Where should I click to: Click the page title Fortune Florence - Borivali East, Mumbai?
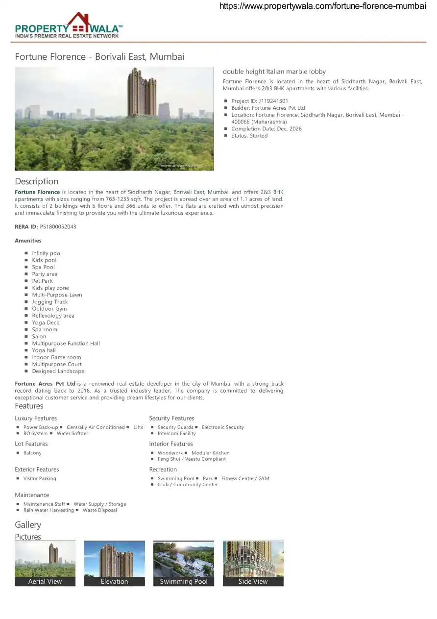(99, 57)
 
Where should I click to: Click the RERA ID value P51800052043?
(58, 227)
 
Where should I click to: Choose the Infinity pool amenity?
(47, 253)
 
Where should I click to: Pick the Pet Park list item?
(43, 281)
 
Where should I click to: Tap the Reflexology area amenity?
(53, 316)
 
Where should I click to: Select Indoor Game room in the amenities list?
(57, 358)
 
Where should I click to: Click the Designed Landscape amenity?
(58, 371)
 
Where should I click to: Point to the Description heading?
(37, 181)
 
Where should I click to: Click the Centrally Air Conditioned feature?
(96, 427)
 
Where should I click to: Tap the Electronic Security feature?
(223, 427)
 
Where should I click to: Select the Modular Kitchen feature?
(211, 453)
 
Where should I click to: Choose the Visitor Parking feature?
(40, 479)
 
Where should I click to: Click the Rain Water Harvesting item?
(49, 510)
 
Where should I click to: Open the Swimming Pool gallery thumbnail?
(184, 559)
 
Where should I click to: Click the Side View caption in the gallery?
(253, 582)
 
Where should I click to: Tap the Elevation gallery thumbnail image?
(115, 559)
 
